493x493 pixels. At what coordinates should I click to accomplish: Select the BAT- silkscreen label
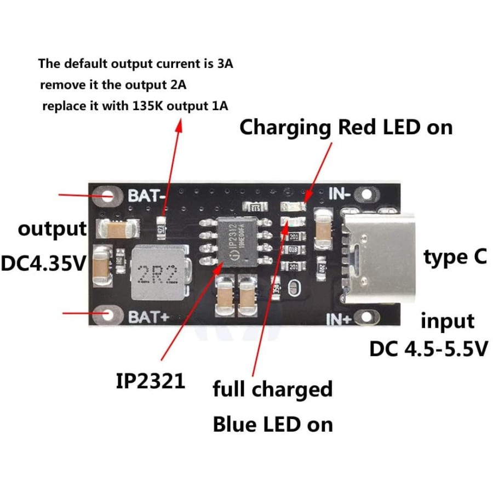145,196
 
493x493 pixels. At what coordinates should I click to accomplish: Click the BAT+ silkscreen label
145,317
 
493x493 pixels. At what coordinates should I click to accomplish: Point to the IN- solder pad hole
366,194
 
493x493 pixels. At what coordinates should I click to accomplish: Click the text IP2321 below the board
150,381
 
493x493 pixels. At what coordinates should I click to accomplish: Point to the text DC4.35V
44,264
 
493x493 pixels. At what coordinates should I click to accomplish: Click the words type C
455,257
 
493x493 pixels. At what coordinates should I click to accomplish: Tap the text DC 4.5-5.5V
428,348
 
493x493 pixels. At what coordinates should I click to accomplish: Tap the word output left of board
52,229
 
